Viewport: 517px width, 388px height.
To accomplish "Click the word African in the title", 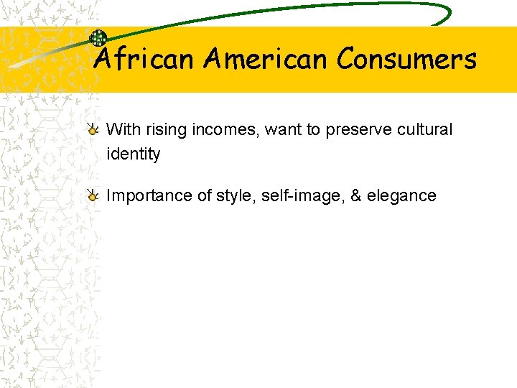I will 144,59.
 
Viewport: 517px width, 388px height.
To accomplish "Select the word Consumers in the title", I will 406,59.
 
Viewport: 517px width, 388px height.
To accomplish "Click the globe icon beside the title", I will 98,38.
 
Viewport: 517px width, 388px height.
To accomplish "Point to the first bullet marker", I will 93,131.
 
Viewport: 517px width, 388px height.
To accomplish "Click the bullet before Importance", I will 93,196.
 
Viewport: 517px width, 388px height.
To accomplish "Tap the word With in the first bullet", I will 122,130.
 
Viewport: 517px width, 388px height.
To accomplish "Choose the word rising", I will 162,131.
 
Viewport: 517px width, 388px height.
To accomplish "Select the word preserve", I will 356,131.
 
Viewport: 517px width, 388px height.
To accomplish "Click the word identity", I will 133,154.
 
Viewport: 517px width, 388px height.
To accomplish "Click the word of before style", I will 205,196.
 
